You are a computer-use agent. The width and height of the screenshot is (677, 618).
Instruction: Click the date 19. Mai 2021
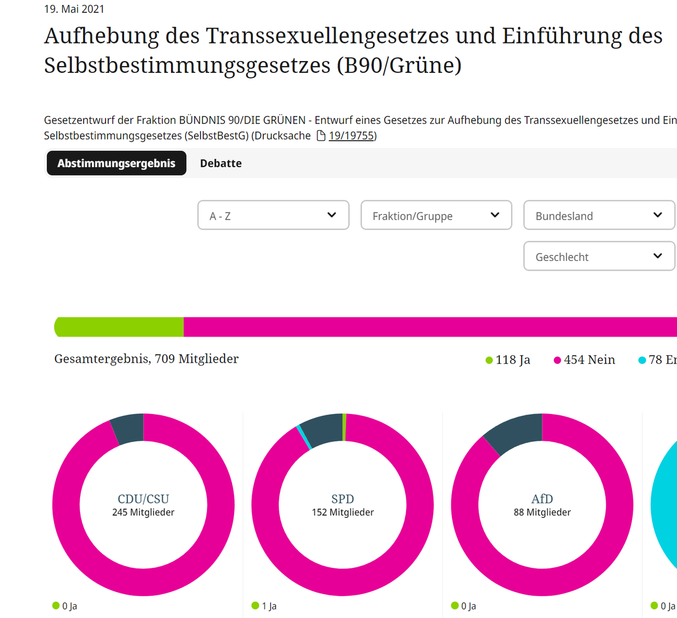74,9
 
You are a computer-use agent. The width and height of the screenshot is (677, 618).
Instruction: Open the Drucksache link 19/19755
351,136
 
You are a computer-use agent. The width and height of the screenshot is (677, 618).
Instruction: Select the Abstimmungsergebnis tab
116,163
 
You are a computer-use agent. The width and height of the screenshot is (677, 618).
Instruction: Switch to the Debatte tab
221,163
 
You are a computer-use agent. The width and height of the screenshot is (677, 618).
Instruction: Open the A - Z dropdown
273,215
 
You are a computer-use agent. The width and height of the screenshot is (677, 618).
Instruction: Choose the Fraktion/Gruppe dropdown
436,215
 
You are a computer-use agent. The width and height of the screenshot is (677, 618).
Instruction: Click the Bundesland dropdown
599,215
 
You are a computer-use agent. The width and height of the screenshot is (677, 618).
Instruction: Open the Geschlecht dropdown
599,256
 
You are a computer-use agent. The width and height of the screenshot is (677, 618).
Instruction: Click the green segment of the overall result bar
120,327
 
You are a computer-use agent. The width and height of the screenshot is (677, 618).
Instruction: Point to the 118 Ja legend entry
508,360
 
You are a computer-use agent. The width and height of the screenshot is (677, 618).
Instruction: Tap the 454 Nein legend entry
584,360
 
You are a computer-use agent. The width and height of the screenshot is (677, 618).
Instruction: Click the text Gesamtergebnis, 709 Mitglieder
146,359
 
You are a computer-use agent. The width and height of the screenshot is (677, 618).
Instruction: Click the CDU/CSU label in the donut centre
143,499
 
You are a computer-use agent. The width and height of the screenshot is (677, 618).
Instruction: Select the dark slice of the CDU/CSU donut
129,429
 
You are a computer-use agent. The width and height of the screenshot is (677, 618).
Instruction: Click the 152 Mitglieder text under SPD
342,512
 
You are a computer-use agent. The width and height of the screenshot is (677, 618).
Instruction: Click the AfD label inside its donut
542,499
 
